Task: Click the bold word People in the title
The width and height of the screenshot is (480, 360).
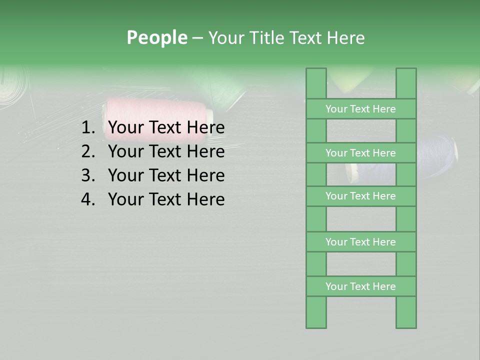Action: point(156,37)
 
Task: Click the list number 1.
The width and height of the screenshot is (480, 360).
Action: point(87,128)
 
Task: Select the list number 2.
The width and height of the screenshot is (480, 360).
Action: point(87,151)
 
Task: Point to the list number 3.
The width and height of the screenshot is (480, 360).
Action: point(87,175)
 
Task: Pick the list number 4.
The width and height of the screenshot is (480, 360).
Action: point(87,199)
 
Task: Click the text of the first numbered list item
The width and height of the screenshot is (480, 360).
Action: point(166,128)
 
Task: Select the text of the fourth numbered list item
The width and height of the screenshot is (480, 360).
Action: point(166,199)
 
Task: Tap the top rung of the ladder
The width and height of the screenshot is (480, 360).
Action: point(360,109)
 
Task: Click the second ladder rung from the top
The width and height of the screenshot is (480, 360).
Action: point(360,153)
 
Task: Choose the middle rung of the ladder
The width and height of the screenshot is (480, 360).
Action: point(360,196)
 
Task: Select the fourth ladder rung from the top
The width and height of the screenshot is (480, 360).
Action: point(360,242)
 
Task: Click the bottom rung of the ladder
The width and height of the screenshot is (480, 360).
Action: point(360,286)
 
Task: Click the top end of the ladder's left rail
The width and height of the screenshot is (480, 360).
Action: point(316,75)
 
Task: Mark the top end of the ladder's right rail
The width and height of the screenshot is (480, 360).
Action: point(406,75)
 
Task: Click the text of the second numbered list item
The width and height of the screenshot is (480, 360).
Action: point(166,151)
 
